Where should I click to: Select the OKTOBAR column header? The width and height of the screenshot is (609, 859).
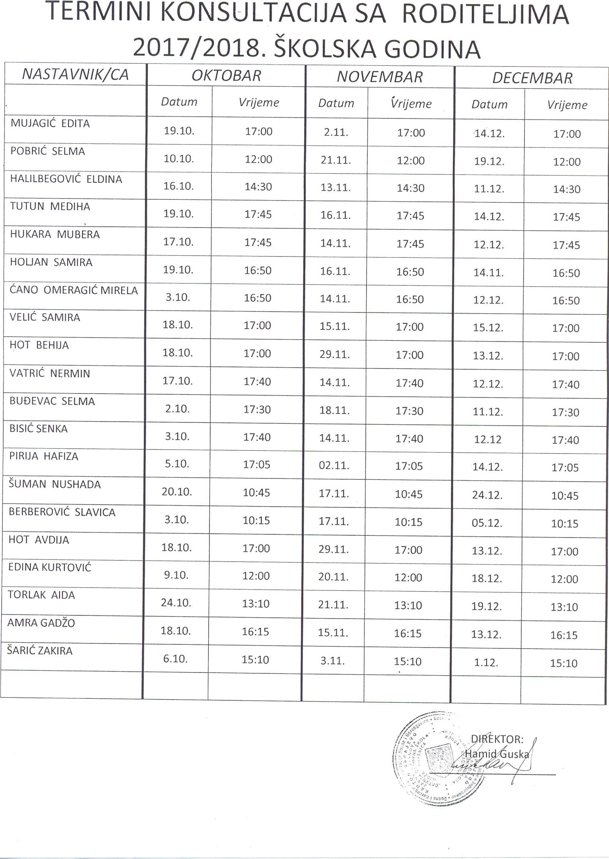[x=226, y=76]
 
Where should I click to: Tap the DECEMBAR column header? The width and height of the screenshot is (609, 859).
[x=532, y=78]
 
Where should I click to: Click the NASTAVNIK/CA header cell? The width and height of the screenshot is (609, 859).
[x=75, y=75]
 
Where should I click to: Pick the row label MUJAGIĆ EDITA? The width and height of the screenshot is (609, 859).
[x=50, y=124]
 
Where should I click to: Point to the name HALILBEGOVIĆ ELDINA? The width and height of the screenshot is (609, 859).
[x=66, y=179]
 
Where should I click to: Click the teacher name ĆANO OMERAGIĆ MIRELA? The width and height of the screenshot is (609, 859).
[x=74, y=290]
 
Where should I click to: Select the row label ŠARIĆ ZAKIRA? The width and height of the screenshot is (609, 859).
[x=40, y=651]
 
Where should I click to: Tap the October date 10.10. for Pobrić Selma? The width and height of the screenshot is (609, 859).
[x=178, y=159]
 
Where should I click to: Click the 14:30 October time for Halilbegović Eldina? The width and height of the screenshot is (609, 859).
[x=258, y=187]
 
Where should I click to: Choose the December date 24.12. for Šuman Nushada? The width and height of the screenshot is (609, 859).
[x=487, y=495]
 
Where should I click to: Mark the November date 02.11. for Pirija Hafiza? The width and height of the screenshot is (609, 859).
[x=334, y=466]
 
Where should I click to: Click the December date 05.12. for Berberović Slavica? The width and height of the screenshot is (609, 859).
[x=487, y=523]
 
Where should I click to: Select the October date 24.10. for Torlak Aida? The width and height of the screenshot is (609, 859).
[x=176, y=603]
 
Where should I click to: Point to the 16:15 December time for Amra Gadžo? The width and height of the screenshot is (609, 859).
[x=564, y=635]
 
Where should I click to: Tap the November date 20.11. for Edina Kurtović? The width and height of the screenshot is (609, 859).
[x=333, y=577]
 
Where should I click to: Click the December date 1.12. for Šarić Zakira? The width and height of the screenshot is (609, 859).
[x=486, y=662]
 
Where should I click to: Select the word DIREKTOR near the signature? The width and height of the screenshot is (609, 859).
[x=497, y=739]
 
